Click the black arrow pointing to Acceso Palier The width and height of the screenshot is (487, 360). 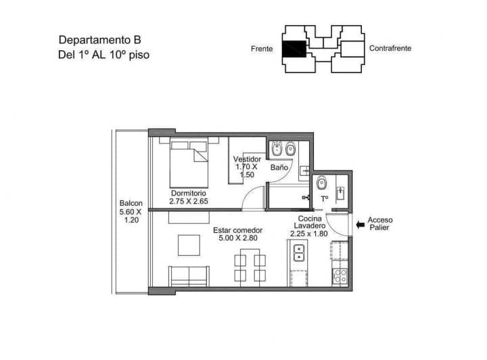(x=361, y=224)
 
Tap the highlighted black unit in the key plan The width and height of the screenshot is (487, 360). (x=294, y=49)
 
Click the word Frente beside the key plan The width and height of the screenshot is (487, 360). (x=262, y=49)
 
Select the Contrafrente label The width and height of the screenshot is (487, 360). (x=390, y=48)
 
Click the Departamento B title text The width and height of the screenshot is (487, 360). (x=99, y=40)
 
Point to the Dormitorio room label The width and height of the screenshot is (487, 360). (x=189, y=194)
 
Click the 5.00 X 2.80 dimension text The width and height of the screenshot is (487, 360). (x=238, y=238)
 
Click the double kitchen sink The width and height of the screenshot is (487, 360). (x=299, y=253)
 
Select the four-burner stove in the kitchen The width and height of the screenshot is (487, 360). (x=340, y=276)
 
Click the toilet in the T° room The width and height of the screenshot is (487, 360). (x=322, y=183)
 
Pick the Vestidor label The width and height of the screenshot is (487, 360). (x=248, y=159)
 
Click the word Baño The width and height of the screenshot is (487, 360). (x=279, y=167)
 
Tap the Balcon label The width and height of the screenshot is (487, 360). (x=131, y=203)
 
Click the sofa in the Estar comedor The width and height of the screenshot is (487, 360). (x=189, y=276)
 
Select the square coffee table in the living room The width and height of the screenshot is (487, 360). (x=189, y=245)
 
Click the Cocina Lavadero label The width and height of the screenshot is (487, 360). (x=310, y=222)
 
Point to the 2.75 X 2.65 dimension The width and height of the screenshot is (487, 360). (x=189, y=201)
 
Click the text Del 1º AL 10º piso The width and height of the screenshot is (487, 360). (x=103, y=55)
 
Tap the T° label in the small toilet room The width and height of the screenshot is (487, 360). (x=325, y=199)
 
